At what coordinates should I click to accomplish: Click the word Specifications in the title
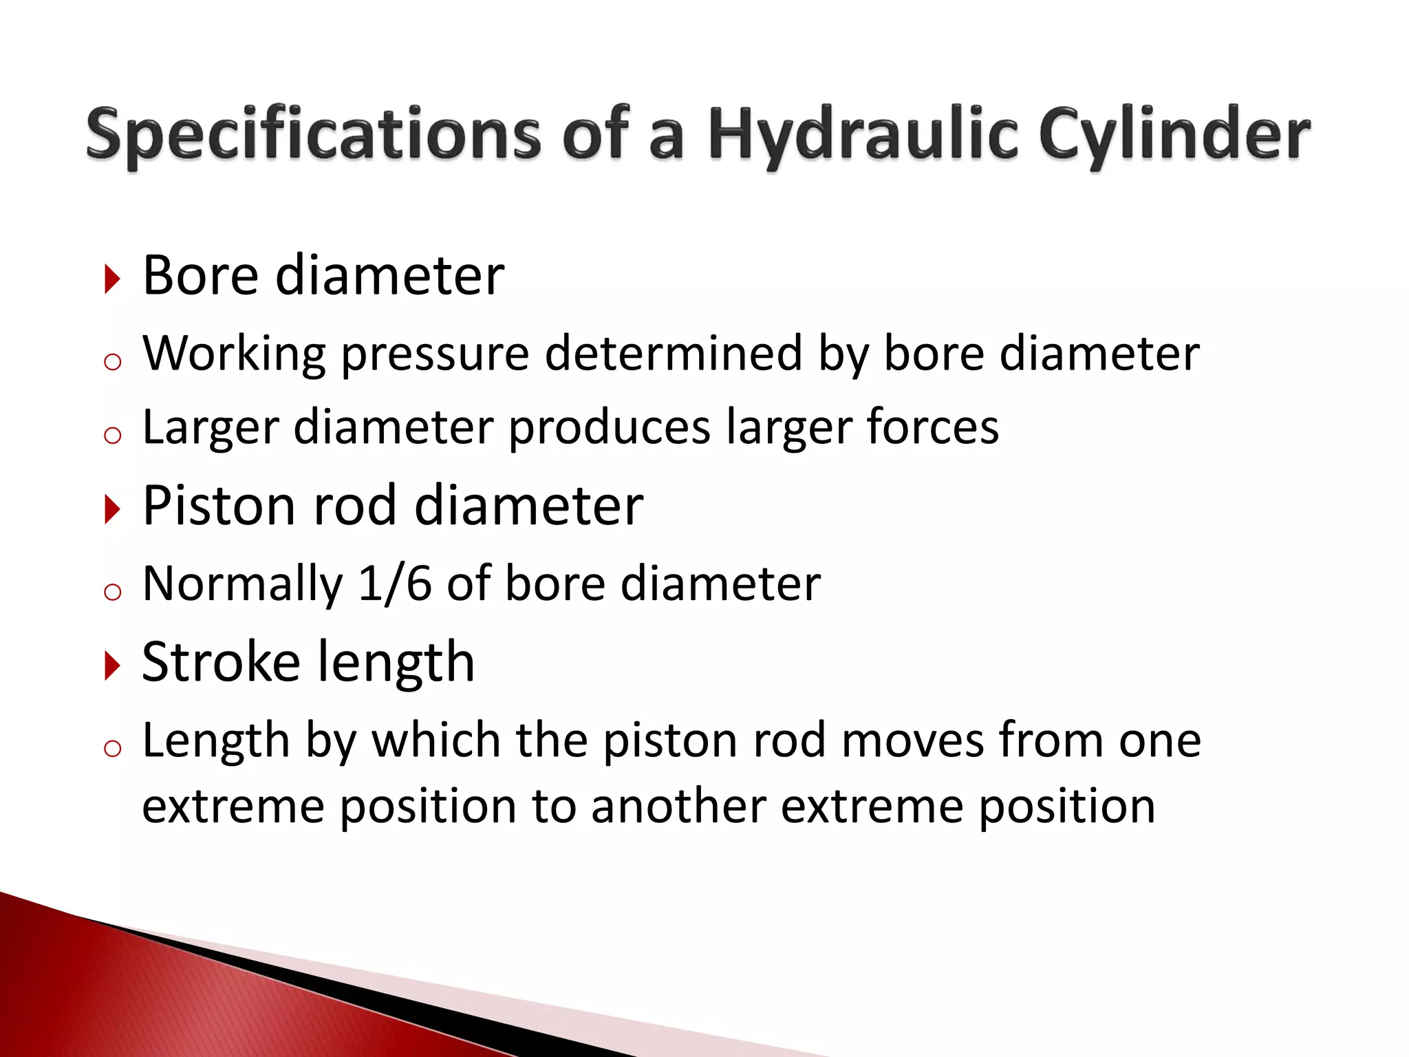click(x=313, y=134)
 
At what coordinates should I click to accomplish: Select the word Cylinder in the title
click(x=1174, y=134)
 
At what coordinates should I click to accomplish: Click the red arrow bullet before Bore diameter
click(x=112, y=279)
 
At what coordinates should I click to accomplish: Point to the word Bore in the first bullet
click(x=200, y=275)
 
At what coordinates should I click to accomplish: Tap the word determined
click(x=674, y=353)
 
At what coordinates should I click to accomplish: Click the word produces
click(x=609, y=428)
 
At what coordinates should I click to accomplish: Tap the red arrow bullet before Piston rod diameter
click(x=112, y=509)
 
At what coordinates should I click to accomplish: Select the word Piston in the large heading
click(x=219, y=506)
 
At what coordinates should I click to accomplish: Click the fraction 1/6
click(x=395, y=584)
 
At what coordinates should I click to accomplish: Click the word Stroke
click(x=221, y=662)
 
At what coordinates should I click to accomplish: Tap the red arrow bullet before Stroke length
click(x=112, y=665)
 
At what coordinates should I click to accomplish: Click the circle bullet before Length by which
click(x=112, y=749)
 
